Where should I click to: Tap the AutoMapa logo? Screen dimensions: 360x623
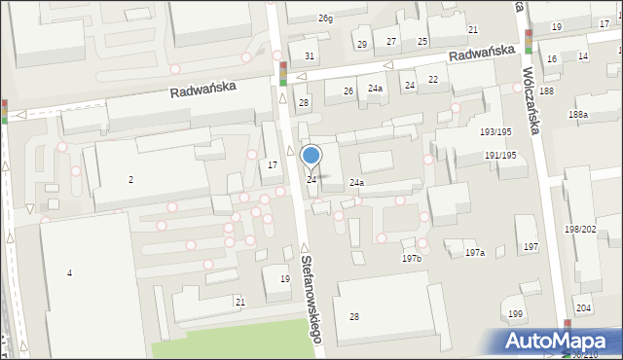click(x=561, y=341)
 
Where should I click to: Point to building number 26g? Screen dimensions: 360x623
click(x=324, y=18)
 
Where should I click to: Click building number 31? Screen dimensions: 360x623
click(x=310, y=55)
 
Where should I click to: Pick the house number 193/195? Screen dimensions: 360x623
click(x=496, y=131)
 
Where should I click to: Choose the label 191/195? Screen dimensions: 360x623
click(x=500, y=156)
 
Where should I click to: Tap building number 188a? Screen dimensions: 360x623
click(x=578, y=114)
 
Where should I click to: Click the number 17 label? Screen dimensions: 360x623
click(x=274, y=164)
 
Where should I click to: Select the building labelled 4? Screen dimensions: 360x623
click(x=69, y=272)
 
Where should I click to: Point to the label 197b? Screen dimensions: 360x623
click(x=412, y=258)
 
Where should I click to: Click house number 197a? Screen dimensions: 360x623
click(x=474, y=252)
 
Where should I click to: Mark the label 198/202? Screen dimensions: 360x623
click(x=580, y=229)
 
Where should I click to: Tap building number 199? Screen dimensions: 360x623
click(x=515, y=314)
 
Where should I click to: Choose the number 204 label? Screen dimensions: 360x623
click(x=582, y=307)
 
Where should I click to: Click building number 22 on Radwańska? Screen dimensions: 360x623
click(x=433, y=79)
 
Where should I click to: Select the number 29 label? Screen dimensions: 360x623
click(x=361, y=45)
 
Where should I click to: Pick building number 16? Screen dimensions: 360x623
click(x=552, y=59)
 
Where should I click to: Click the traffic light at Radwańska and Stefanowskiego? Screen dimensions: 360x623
click(x=282, y=73)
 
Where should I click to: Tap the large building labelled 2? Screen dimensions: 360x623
click(x=130, y=179)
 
